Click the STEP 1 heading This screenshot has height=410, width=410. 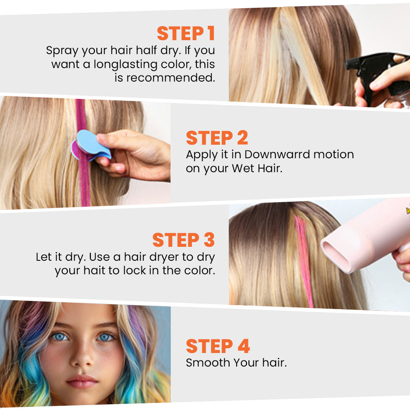tap(186, 34)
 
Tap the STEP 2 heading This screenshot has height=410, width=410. tap(217, 138)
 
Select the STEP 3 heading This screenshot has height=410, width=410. tap(184, 240)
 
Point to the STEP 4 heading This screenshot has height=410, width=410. tap(218, 346)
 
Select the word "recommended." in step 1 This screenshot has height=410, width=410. tap(171, 78)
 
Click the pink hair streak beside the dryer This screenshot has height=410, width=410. tap(304, 262)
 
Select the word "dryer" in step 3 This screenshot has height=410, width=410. tap(171, 257)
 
